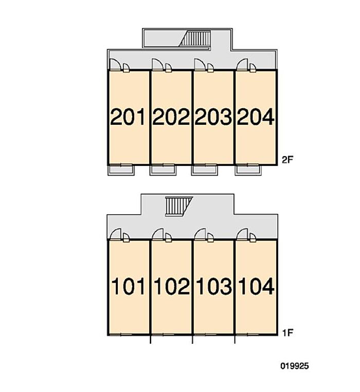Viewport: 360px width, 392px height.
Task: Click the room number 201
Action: tap(128, 117)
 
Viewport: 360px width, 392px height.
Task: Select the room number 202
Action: tap(171, 117)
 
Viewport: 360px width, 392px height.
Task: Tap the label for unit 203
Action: tap(213, 117)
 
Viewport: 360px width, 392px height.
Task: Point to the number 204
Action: tap(256, 117)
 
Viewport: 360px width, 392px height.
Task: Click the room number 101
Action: tap(128, 286)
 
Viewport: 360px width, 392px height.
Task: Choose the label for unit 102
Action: tap(172, 286)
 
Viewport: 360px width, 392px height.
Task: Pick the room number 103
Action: tap(214, 286)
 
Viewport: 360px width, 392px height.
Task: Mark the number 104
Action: tap(257, 286)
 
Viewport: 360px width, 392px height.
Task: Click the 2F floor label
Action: tap(287, 160)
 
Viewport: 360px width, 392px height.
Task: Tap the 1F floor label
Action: tap(287, 333)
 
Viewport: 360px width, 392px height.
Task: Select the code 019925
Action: tap(295, 366)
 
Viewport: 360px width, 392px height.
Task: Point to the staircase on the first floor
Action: tap(179, 206)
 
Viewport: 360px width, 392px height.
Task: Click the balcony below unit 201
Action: tap(121, 170)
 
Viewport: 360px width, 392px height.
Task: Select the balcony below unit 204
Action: tap(248, 170)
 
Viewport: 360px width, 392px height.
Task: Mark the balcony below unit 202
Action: tap(163, 170)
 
